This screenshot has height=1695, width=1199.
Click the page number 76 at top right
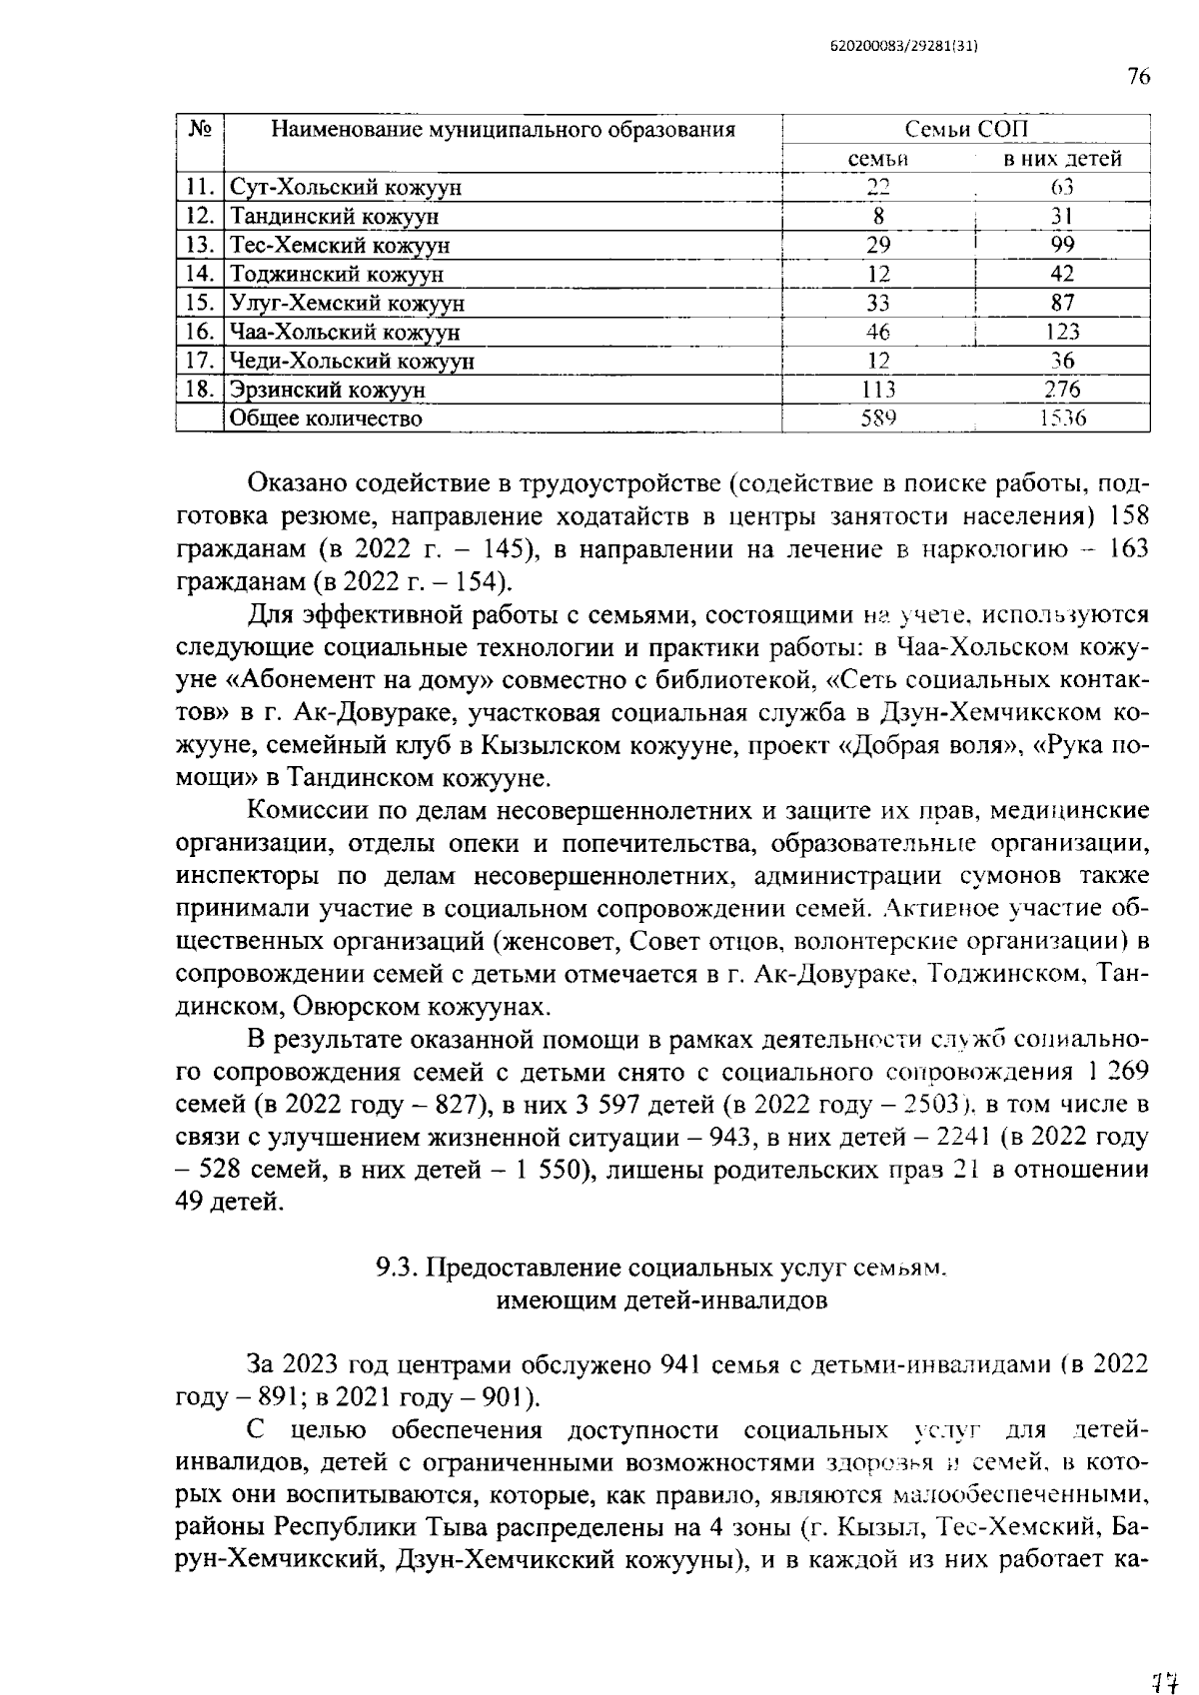[x=1138, y=77]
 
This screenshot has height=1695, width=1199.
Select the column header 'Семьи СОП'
[x=965, y=130]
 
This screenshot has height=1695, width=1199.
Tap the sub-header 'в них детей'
[x=1062, y=159]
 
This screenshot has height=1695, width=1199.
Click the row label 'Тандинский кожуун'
[x=334, y=217]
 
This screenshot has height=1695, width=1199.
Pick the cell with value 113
[x=878, y=390]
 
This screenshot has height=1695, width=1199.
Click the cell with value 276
[x=1062, y=390]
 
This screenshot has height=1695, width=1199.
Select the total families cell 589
[x=878, y=419]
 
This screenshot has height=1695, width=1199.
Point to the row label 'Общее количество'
[x=326, y=419]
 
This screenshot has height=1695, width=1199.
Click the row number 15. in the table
[x=201, y=304]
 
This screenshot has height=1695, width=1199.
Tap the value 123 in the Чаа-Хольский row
[x=1062, y=333]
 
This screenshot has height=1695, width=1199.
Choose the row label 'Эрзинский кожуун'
[x=328, y=390]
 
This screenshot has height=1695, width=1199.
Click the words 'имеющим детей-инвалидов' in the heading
[x=661, y=1300]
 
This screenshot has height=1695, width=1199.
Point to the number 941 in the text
[x=670, y=1364]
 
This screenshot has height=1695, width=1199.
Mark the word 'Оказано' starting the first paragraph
[x=296, y=484]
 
